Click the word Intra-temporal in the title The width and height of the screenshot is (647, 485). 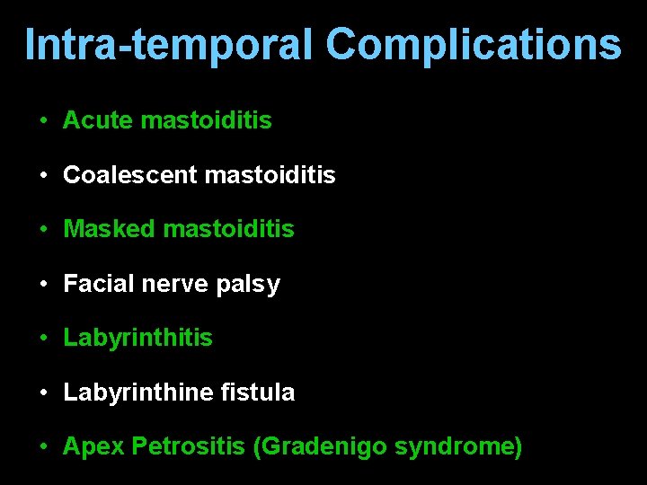pyautogui.click(x=169, y=44)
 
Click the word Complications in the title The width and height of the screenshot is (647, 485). pyautogui.click(x=473, y=44)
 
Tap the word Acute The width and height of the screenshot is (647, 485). pyautogui.click(x=98, y=120)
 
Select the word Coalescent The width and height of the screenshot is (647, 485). pyautogui.click(x=129, y=175)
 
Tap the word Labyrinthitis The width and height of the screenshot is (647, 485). pyautogui.click(x=137, y=338)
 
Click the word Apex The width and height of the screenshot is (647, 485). pyautogui.click(x=93, y=447)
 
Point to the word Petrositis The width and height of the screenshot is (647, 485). pyautogui.click(x=188, y=446)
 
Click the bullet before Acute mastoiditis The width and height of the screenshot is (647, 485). pyautogui.click(x=43, y=120)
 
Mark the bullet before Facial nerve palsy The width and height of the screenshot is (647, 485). pyautogui.click(x=43, y=285)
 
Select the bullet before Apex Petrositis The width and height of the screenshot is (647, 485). pyautogui.click(x=43, y=447)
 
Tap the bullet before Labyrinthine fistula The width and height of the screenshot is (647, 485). pyautogui.click(x=43, y=392)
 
